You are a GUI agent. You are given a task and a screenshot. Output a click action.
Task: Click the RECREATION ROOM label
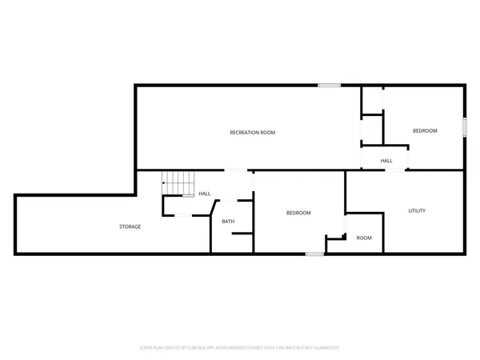click(x=252, y=132)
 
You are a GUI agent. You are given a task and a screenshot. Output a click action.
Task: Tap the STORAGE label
click(x=130, y=226)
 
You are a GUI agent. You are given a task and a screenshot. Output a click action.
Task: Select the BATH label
click(x=228, y=222)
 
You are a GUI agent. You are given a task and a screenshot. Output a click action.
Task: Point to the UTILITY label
click(x=416, y=210)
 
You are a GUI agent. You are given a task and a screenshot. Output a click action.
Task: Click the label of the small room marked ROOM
click(x=364, y=238)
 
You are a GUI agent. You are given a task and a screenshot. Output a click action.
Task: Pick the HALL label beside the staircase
click(x=205, y=194)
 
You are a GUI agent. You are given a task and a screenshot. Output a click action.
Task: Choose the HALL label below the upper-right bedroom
click(x=386, y=161)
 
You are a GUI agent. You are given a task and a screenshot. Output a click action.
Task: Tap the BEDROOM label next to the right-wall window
click(x=425, y=130)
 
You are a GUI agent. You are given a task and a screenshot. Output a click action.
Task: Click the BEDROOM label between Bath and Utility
click(x=298, y=213)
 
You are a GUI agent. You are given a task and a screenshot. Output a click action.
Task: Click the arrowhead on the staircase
click(x=164, y=183)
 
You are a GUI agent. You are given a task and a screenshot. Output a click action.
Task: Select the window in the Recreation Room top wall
click(x=327, y=85)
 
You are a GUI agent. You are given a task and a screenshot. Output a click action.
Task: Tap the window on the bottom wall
click(x=314, y=254)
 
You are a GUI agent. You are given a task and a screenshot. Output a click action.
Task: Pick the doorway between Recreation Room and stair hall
click(x=235, y=170)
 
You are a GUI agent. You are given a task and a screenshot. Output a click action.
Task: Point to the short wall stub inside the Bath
click(x=242, y=234)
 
